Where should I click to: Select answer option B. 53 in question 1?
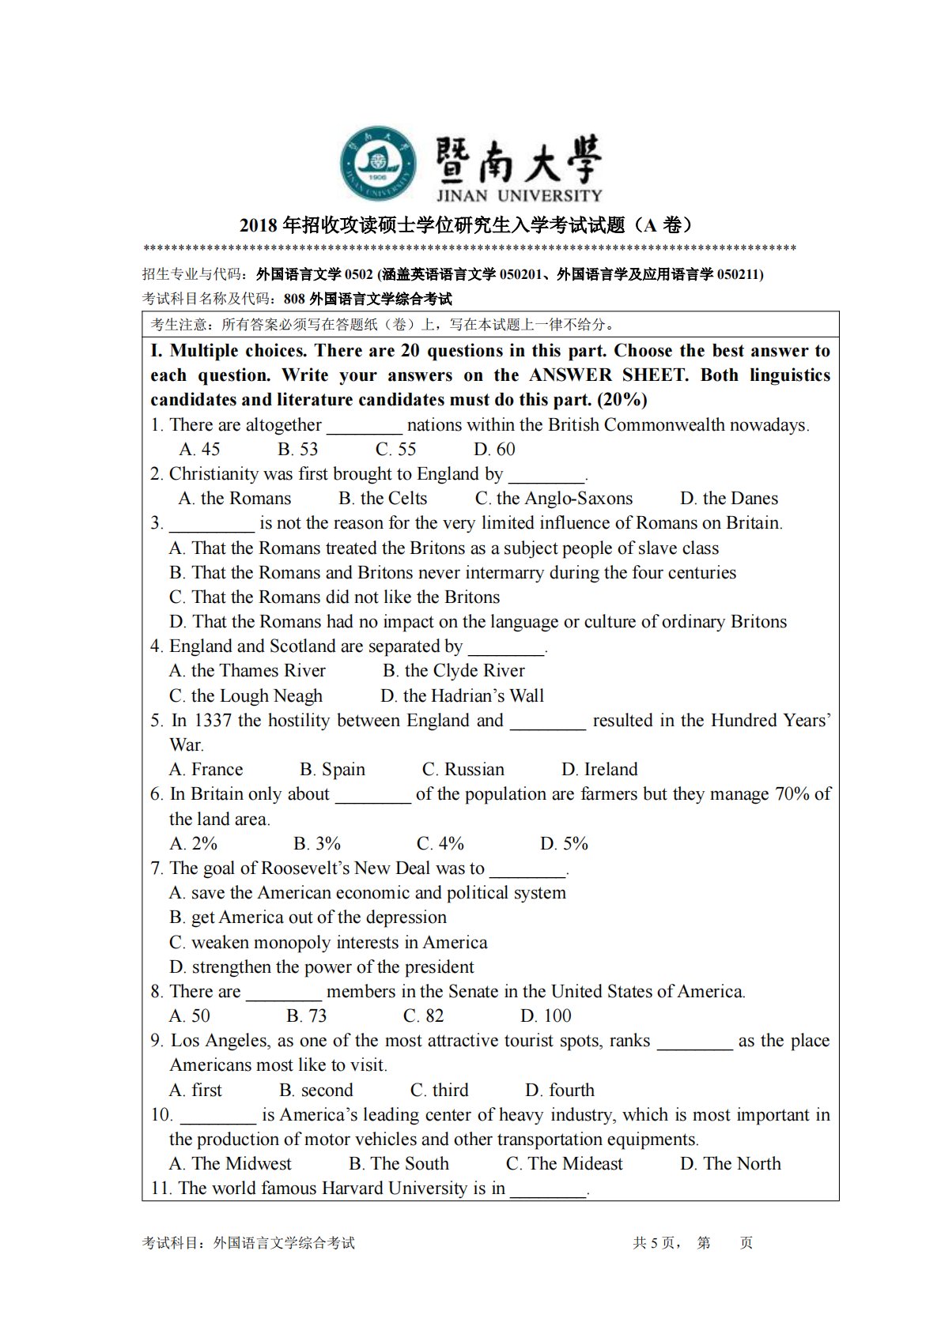click(297, 450)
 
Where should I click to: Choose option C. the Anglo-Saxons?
click(554, 499)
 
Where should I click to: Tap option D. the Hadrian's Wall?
click(462, 696)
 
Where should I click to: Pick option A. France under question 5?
click(206, 770)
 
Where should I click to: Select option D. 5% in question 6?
click(564, 844)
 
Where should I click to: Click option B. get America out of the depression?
click(308, 917)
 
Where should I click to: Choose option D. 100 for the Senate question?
click(546, 1016)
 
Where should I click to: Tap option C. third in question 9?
click(439, 1091)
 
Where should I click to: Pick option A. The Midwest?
click(230, 1164)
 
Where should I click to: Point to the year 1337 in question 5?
click(213, 721)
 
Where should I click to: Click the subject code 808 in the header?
click(294, 300)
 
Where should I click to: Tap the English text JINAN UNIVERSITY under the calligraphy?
click(519, 195)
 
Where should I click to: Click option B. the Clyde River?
click(454, 671)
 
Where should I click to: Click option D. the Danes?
click(729, 499)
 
